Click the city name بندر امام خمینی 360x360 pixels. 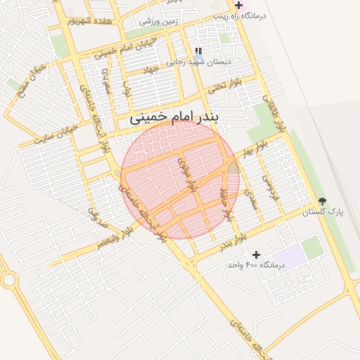(174, 119)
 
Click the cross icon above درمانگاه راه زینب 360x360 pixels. (238, 5)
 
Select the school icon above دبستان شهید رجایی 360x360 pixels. (198, 51)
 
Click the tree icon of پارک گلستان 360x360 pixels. (322, 201)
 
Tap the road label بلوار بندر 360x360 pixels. (233, 241)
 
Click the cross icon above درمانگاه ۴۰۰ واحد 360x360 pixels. (255, 254)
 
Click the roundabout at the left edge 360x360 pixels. (9, 280)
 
